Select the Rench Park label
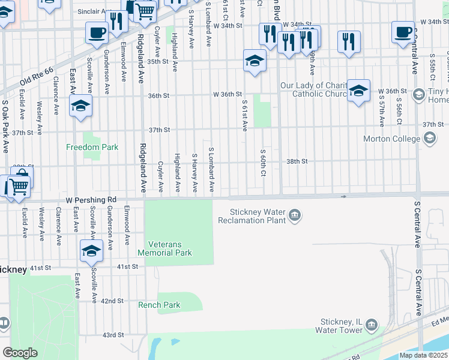(159, 305)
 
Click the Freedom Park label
(92, 147)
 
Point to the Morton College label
(392, 139)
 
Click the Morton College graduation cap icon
(429, 139)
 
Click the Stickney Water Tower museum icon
(372, 325)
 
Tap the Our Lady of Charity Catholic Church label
(314, 89)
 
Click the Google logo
(20, 353)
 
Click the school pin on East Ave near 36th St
(80, 106)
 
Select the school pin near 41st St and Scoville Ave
(91, 251)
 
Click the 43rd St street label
(112, 335)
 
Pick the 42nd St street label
(112, 301)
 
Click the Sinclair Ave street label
(92, 11)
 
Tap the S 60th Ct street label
(263, 163)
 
